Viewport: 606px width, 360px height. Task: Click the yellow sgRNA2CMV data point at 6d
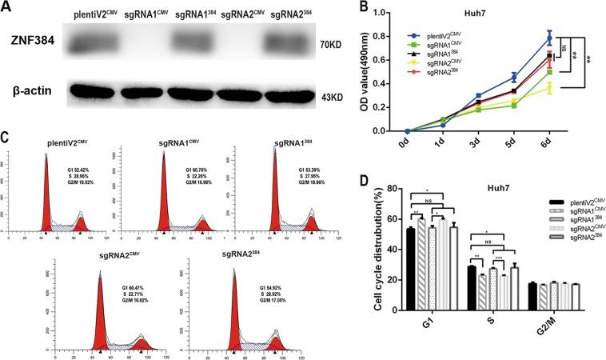pos(572,87)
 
